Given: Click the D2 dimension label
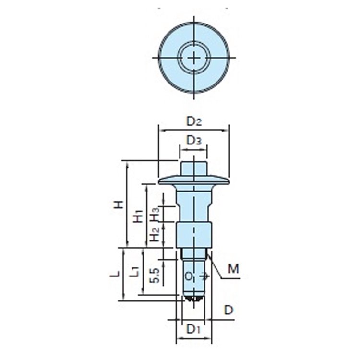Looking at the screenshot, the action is pos(194,121).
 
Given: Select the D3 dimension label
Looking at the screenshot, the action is pos(194,140).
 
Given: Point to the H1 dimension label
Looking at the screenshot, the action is pos(138,216).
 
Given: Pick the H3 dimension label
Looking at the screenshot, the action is pos(155,214).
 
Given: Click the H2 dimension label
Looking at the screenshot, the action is pos(155,234).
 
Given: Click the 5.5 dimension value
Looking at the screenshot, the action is pos(154,276).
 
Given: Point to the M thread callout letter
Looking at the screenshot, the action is pos(233,269).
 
